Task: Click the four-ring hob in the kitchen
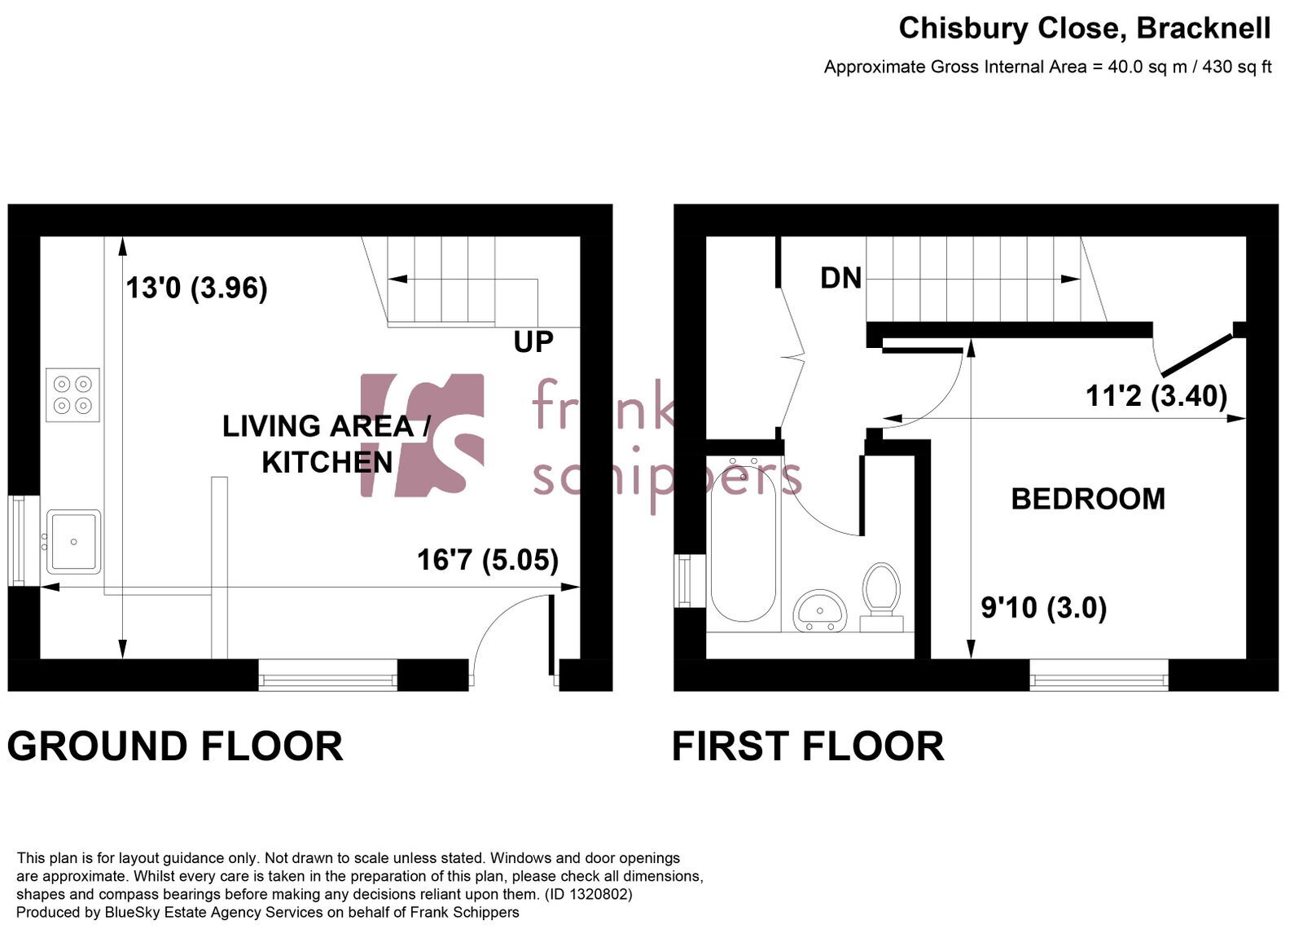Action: coord(72,395)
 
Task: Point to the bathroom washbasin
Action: coord(819,610)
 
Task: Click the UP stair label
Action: coord(533,342)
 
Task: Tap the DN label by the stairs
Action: coord(840,278)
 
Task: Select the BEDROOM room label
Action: coord(1088,500)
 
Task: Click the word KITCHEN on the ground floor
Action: coord(327,463)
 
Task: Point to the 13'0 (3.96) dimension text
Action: coord(196,288)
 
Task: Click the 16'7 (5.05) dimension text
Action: coord(488,560)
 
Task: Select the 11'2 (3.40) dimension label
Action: coord(1156,396)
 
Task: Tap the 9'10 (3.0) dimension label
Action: coord(1043,608)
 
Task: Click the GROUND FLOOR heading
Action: coord(175,746)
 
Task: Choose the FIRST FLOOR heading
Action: coord(808,746)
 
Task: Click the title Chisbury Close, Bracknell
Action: coord(1085,28)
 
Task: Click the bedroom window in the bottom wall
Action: coord(1099,676)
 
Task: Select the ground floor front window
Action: coord(328,676)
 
